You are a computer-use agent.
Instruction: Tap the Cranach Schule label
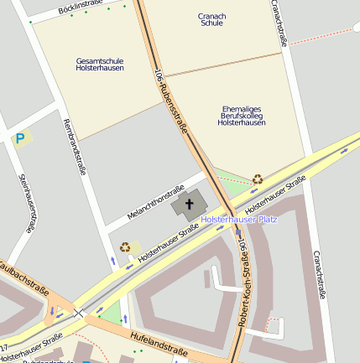[x=211, y=19]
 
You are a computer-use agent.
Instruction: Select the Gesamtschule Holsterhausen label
[x=100, y=65]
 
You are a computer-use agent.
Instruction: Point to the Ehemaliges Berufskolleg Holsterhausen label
[x=241, y=116]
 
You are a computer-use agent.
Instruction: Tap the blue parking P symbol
[x=19, y=137]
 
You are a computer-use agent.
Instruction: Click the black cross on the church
[x=190, y=204]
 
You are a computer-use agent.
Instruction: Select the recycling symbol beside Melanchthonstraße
[x=125, y=246]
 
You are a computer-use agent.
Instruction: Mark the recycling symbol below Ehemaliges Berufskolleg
[x=257, y=179]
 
